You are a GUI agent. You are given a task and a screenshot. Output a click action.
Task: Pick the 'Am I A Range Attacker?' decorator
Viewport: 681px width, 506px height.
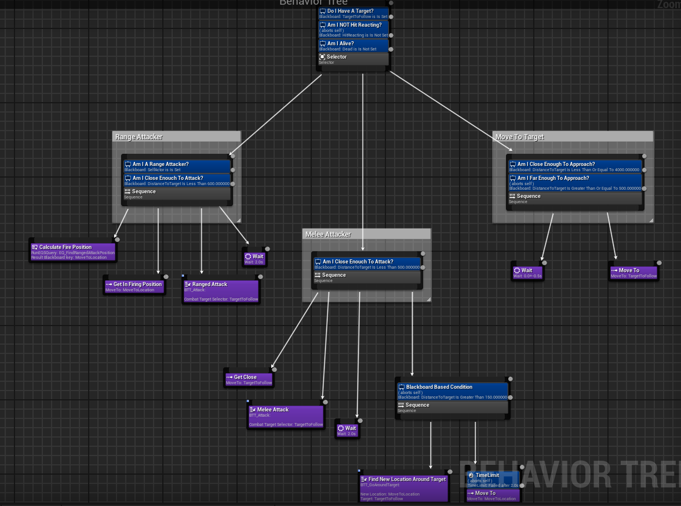(x=177, y=167)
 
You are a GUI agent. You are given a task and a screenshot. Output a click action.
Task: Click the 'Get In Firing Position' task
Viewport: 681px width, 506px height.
(x=134, y=287)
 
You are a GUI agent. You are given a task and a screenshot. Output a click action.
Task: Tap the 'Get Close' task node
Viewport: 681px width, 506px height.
(x=249, y=379)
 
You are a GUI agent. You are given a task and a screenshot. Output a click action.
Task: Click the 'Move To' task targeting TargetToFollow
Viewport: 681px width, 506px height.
(x=633, y=273)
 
